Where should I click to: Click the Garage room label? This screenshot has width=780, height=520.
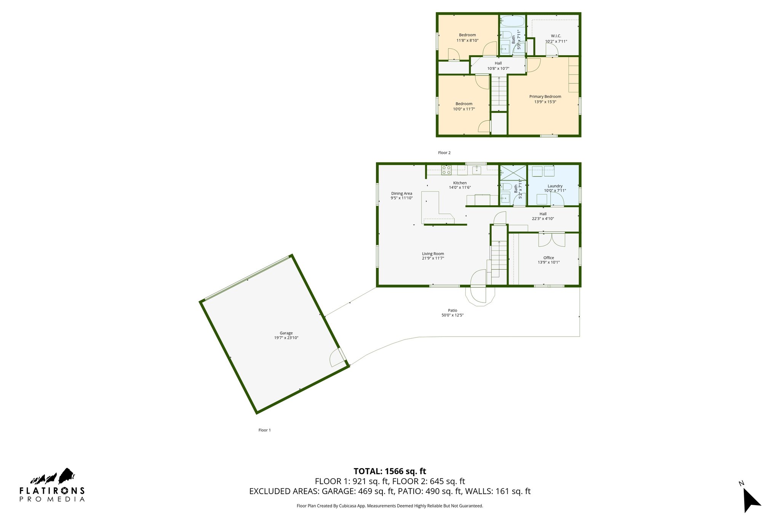click(286, 333)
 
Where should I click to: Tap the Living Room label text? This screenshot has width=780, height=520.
click(433, 254)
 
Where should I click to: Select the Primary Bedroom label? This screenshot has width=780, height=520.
click(545, 97)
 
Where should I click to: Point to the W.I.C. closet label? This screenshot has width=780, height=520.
click(556, 36)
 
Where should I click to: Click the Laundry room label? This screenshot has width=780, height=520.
click(555, 186)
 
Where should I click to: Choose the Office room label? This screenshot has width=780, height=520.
click(548, 258)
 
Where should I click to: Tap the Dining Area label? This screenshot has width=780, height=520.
click(401, 194)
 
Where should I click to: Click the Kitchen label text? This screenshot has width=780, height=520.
click(460, 183)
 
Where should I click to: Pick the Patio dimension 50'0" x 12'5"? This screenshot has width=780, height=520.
click(452, 315)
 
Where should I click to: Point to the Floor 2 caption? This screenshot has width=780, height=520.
click(444, 153)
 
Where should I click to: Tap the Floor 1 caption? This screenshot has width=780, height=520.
click(264, 430)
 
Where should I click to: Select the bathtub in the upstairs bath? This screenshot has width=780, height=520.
click(512, 21)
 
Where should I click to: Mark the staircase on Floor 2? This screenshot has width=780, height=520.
click(499, 93)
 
